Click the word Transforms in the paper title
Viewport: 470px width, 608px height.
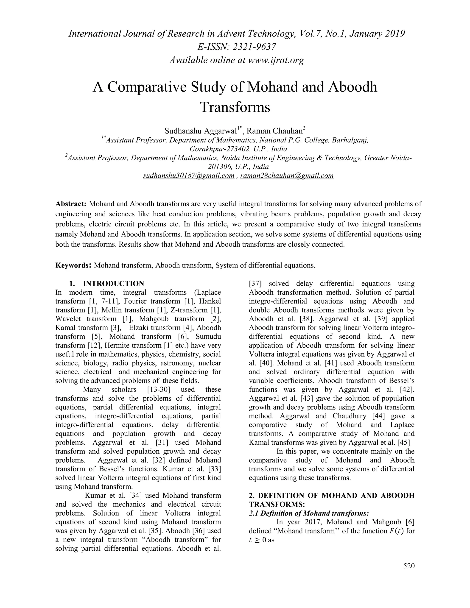pyautogui.click(x=235, y=107)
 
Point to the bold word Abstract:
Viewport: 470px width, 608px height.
pyautogui.click(x=71, y=204)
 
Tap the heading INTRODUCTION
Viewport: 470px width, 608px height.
pyautogui.click(x=113, y=284)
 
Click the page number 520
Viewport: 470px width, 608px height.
pyautogui.click(x=409, y=566)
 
